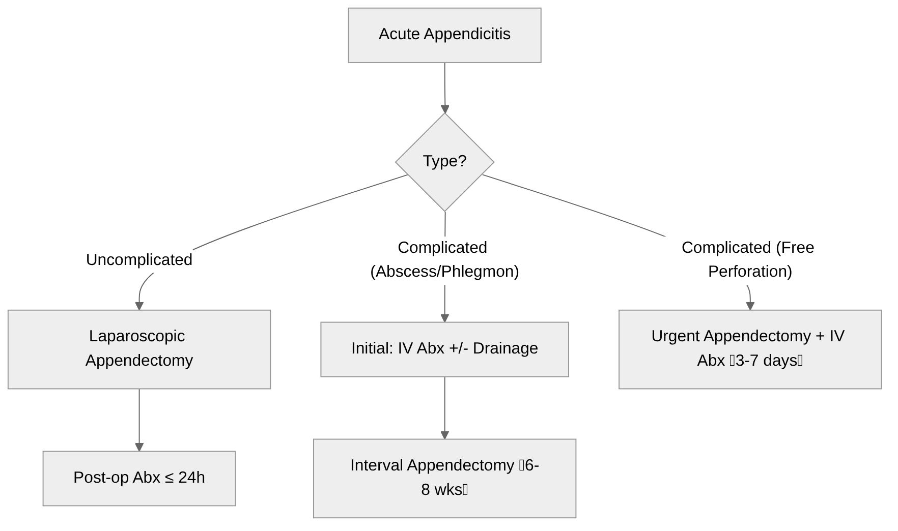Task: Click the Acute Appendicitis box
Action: point(444,35)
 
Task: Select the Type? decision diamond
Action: point(444,162)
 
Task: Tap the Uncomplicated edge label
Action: point(139,260)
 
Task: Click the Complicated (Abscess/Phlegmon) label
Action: point(444,259)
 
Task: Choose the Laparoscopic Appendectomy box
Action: point(139,349)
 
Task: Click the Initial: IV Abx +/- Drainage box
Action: point(444,349)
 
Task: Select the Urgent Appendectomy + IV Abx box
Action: point(749,349)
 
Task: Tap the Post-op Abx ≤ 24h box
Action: point(139,478)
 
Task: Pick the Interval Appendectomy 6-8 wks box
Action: point(444,478)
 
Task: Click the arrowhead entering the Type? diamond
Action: point(445,109)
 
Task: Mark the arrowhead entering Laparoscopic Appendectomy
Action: point(139,306)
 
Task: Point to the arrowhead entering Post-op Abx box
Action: point(139,447)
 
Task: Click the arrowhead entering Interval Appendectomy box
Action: point(444,435)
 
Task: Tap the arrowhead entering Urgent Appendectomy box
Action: point(749,306)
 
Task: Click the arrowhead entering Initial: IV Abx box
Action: point(444,318)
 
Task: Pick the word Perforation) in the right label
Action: point(749,272)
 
